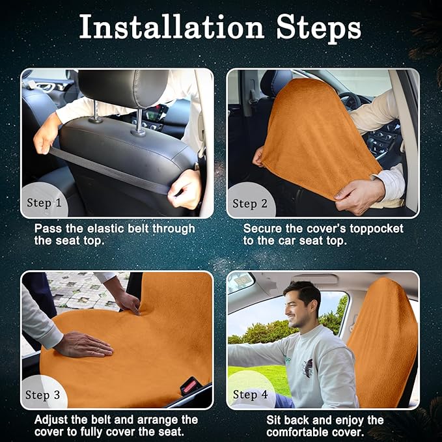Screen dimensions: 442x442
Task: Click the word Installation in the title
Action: [172, 27]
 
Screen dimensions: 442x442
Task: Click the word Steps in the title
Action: [318, 29]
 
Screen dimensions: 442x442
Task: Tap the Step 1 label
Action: [44, 203]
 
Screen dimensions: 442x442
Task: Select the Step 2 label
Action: [250, 204]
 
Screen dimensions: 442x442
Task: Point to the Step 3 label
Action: [42, 395]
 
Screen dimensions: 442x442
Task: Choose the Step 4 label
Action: [251, 394]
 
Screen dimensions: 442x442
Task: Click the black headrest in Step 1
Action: [124, 88]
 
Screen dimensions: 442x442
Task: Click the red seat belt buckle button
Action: [189, 385]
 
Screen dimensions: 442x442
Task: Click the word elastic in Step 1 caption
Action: [105, 228]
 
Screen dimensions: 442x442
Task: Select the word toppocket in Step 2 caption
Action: [377, 229]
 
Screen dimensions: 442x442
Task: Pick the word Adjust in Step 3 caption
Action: [51, 420]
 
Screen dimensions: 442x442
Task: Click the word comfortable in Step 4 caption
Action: [307, 432]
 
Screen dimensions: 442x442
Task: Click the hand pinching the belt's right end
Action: [185, 189]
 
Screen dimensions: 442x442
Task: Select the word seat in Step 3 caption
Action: [173, 432]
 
